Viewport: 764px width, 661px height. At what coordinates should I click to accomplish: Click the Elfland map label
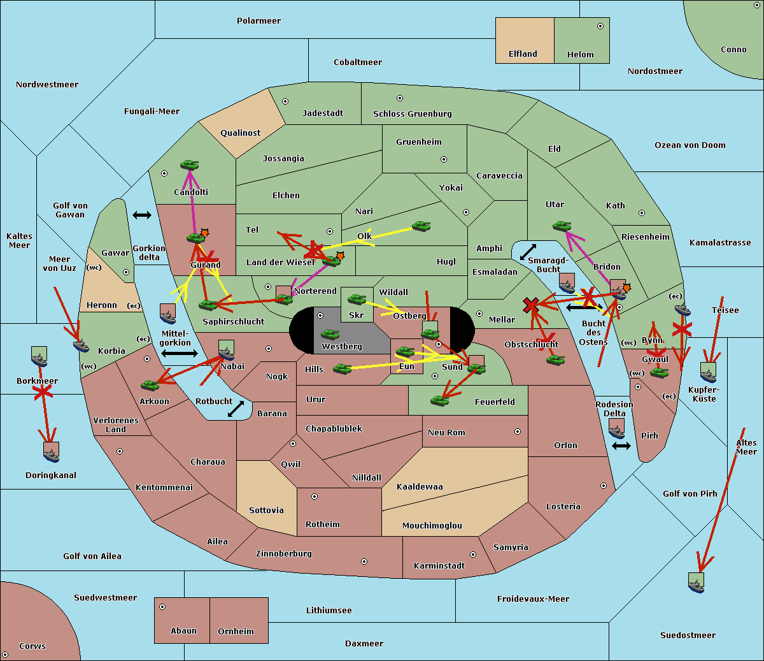[523, 54]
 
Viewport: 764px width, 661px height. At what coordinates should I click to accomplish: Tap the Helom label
[580, 55]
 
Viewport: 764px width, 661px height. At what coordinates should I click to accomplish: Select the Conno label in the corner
[733, 50]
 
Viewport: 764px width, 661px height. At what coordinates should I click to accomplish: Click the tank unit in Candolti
[189, 165]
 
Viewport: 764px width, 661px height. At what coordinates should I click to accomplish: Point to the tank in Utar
[562, 226]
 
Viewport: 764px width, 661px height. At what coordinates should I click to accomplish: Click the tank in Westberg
[330, 334]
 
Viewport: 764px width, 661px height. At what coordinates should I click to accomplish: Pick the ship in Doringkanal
[52, 451]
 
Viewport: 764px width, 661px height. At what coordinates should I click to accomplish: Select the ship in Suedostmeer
[697, 582]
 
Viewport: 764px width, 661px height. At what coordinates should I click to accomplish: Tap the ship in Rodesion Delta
[616, 429]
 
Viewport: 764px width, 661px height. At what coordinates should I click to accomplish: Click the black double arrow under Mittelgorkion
[179, 353]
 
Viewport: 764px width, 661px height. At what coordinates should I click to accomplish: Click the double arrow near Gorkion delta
[142, 215]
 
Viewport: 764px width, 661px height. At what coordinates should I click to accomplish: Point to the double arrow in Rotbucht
[236, 409]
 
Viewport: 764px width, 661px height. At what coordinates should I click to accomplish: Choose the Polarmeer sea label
[258, 21]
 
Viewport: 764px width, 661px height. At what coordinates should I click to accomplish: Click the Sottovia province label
[266, 511]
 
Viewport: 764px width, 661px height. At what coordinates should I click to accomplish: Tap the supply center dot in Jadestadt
[285, 101]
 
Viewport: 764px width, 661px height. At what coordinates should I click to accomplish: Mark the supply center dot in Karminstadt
[472, 555]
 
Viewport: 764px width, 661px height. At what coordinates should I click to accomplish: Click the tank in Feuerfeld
[439, 400]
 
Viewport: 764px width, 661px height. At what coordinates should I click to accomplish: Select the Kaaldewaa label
[420, 487]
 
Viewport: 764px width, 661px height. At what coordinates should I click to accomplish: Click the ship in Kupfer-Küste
[708, 372]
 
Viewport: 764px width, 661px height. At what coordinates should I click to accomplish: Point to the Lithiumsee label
[329, 611]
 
